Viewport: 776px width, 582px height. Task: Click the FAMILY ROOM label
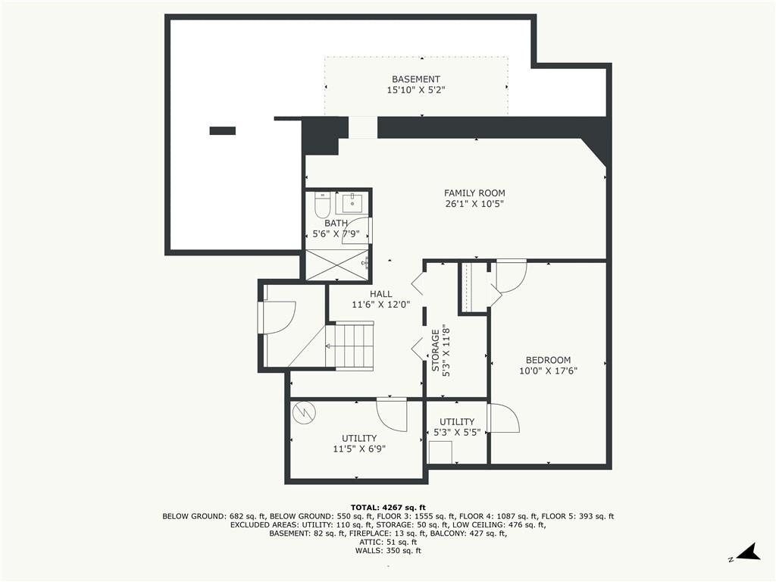click(x=474, y=193)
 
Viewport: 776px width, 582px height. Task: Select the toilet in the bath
click(x=321, y=205)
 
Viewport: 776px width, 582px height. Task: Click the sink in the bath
click(x=352, y=203)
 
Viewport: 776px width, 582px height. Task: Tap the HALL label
click(x=380, y=294)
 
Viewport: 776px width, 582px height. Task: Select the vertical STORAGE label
click(x=436, y=350)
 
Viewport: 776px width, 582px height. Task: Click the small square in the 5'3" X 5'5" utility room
click(x=440, y=452)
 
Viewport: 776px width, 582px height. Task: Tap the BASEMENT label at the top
click(x=415, y=80)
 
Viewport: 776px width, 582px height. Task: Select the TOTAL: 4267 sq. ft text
click(x=388, y=507)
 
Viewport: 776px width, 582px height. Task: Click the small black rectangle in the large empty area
click(x=222, y=130)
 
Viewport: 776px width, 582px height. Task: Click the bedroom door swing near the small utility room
click(x=503, y=418)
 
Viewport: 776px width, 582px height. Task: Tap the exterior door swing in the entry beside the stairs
click(x=278, y=317)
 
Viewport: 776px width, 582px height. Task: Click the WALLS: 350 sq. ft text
click(x=388, y=551)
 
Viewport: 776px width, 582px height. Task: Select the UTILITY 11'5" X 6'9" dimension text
click(x=359, y=449)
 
